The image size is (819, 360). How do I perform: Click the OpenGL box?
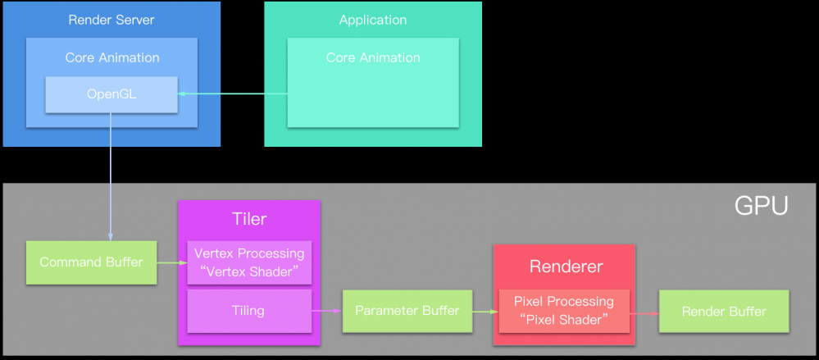pos(111,94)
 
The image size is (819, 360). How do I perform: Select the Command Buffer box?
pos(91,262)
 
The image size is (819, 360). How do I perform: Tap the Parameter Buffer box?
pos(407,311)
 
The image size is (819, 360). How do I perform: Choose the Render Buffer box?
pos(724,311)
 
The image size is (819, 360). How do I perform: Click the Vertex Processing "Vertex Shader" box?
pos(249,262)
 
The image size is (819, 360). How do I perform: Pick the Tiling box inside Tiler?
pos(249,311)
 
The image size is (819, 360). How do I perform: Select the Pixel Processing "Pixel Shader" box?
pos(563,311)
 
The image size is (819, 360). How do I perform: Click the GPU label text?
pos(760,206)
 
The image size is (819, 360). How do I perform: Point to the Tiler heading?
pos(248,219)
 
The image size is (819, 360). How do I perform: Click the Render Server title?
pos(111,20)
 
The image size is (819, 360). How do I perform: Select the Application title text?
pos(373,20)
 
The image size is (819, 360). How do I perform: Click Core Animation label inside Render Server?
pos(112,57)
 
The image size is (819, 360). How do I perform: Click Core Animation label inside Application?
pos(373,57)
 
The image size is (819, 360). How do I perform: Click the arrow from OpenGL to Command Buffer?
pos(111,176)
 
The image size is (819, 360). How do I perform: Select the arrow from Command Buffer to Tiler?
pos(171,262)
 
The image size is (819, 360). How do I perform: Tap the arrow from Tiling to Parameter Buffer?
pos(326,311)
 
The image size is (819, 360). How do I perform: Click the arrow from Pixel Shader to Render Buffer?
pos(644,312)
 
